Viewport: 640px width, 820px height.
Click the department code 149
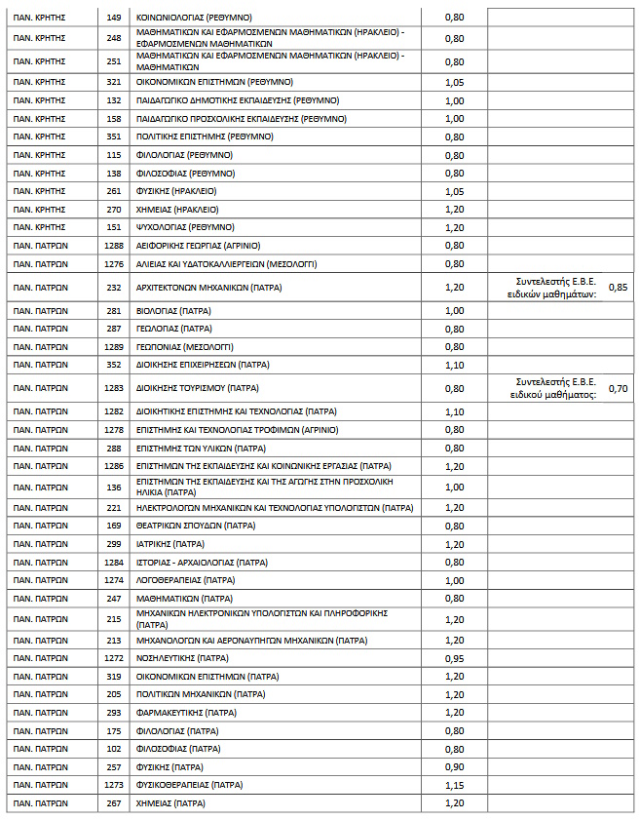[113, 17]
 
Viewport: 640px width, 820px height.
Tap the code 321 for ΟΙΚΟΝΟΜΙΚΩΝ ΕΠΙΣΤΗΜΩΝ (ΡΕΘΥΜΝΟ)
[113, 82]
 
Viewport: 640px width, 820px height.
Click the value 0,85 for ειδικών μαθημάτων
[618, 288]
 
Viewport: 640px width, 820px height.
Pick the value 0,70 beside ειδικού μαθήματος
[618, 387]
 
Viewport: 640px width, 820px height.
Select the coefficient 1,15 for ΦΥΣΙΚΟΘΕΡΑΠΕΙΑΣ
[454, 785]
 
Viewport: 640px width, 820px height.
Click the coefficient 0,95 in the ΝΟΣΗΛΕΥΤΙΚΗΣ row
[454, 658]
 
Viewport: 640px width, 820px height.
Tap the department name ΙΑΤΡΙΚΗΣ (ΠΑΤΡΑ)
[169, 544]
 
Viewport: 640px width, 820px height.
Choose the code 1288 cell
[113, 246]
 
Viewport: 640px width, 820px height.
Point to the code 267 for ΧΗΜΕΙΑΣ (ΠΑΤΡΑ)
[113, 803]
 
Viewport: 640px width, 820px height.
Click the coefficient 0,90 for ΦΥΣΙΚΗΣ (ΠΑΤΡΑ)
[454, 766]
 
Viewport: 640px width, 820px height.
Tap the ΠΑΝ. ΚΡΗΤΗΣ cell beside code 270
[39, 209]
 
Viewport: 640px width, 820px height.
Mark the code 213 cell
[113, 641]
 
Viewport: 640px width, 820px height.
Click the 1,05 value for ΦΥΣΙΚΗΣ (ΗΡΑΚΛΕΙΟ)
[454, 191]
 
